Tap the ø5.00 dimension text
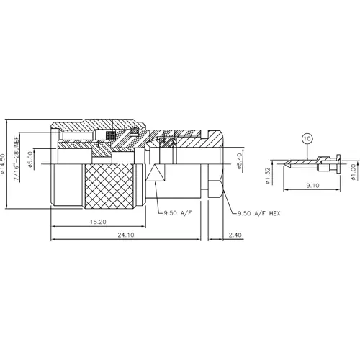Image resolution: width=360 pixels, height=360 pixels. (x=30, y=160)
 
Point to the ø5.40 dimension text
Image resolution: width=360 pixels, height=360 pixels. (x=238, y=160)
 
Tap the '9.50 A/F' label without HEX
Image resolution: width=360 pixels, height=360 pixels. (x=177, y=214)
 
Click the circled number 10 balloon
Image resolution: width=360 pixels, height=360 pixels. (x=307, y=138)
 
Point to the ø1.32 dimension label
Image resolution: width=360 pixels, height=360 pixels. (x=268, y=174)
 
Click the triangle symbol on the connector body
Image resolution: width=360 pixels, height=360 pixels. (x=156, y=173)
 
